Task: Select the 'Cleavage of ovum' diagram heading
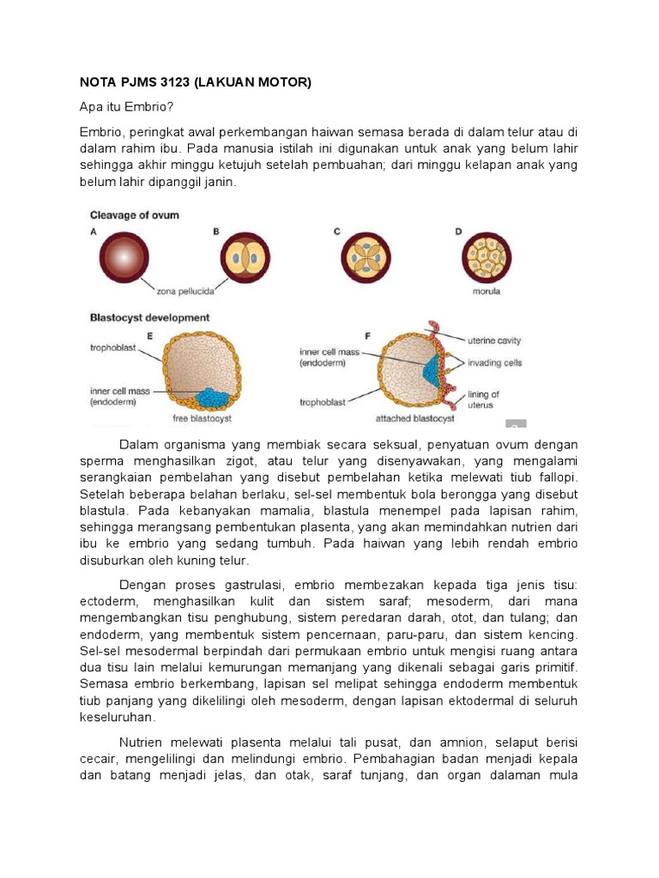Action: pyautogui.click(x=135, y=214)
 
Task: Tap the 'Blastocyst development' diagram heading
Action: pyautogui.click(x=149, y=317)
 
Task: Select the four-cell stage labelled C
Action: pyautogui.click(x=366, y=259)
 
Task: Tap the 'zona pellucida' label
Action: pyautogui.click(x=184, y=292)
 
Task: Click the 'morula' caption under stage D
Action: pyautogui.click(x=486, y=292)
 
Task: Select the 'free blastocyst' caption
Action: pyautogui.click(x=203, y=419)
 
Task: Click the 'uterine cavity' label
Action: pyautogui.click(x=498, y=340)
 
